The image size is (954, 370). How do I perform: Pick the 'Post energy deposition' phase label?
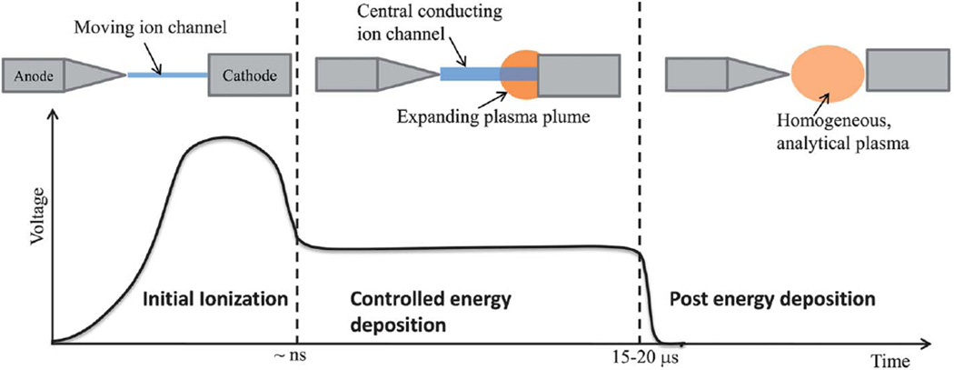click(x=771, y=298)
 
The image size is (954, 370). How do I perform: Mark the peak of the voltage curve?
click(x=221, y=137)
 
